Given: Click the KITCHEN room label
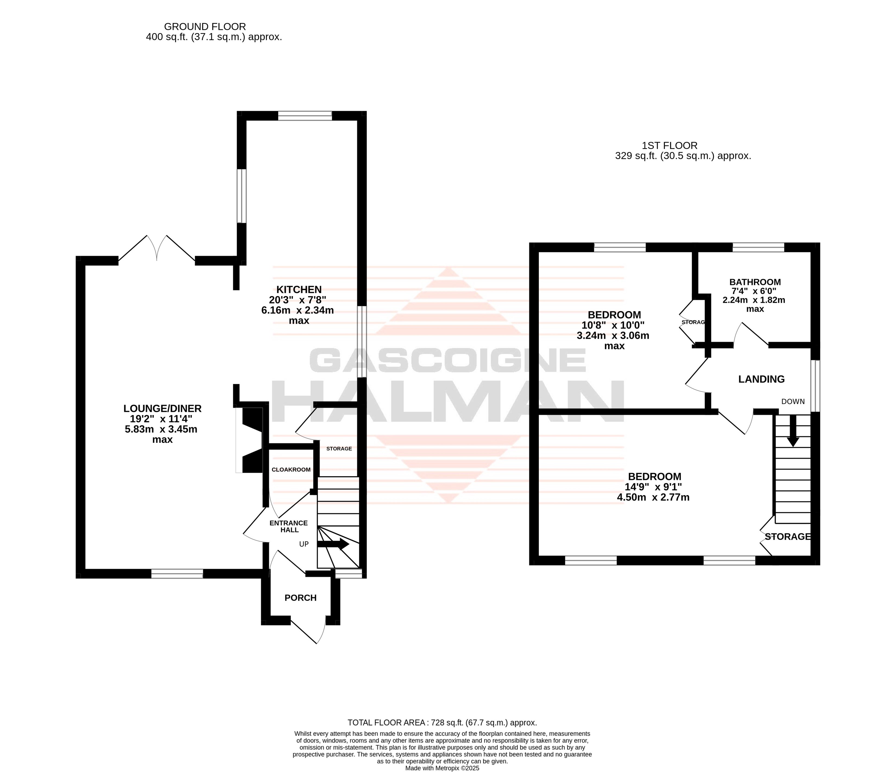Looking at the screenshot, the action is (x=299, y=289).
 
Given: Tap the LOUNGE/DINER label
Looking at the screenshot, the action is (x=163, y=408).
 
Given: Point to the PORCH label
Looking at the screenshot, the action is (x=301, y=598).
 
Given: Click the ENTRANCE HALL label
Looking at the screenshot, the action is (x=289, y=526).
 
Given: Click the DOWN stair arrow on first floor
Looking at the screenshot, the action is (x=793, y=431).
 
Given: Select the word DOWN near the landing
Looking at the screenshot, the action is (x=793, y=401).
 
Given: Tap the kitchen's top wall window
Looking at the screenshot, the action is (x=305, y=115).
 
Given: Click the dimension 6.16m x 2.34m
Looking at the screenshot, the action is (x=298, y=310).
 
